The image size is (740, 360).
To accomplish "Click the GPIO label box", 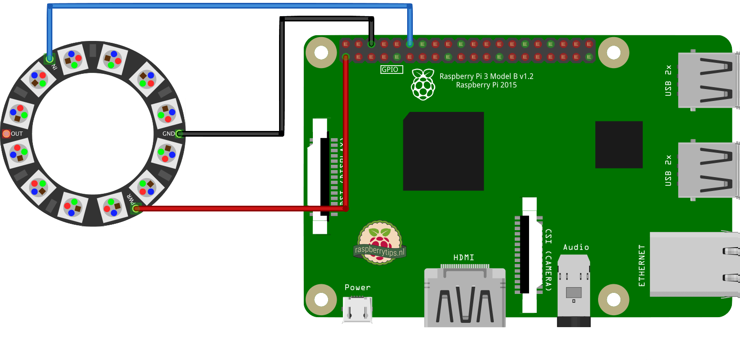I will coord(391,70).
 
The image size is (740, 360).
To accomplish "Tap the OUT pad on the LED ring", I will coord(6,134).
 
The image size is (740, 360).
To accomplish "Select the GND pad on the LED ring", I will coord(179,134).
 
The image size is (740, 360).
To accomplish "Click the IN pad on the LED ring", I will coord(49,59).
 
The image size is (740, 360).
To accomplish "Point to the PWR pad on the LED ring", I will coord(136,208).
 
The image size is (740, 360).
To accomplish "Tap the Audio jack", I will coord(573,290).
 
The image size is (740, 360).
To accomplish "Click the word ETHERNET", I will coord(641,265).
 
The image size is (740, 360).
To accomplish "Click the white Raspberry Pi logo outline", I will coord(423,84).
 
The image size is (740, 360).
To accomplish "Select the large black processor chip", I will coord(443,151).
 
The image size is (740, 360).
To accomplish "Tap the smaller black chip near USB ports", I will coord(619,144).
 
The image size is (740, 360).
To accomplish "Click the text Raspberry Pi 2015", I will coord(486,85).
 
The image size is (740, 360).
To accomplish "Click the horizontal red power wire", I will coord(238,208).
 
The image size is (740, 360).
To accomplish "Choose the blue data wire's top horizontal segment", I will coord(229,6).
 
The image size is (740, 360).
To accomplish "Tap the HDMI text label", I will coord(464,257).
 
